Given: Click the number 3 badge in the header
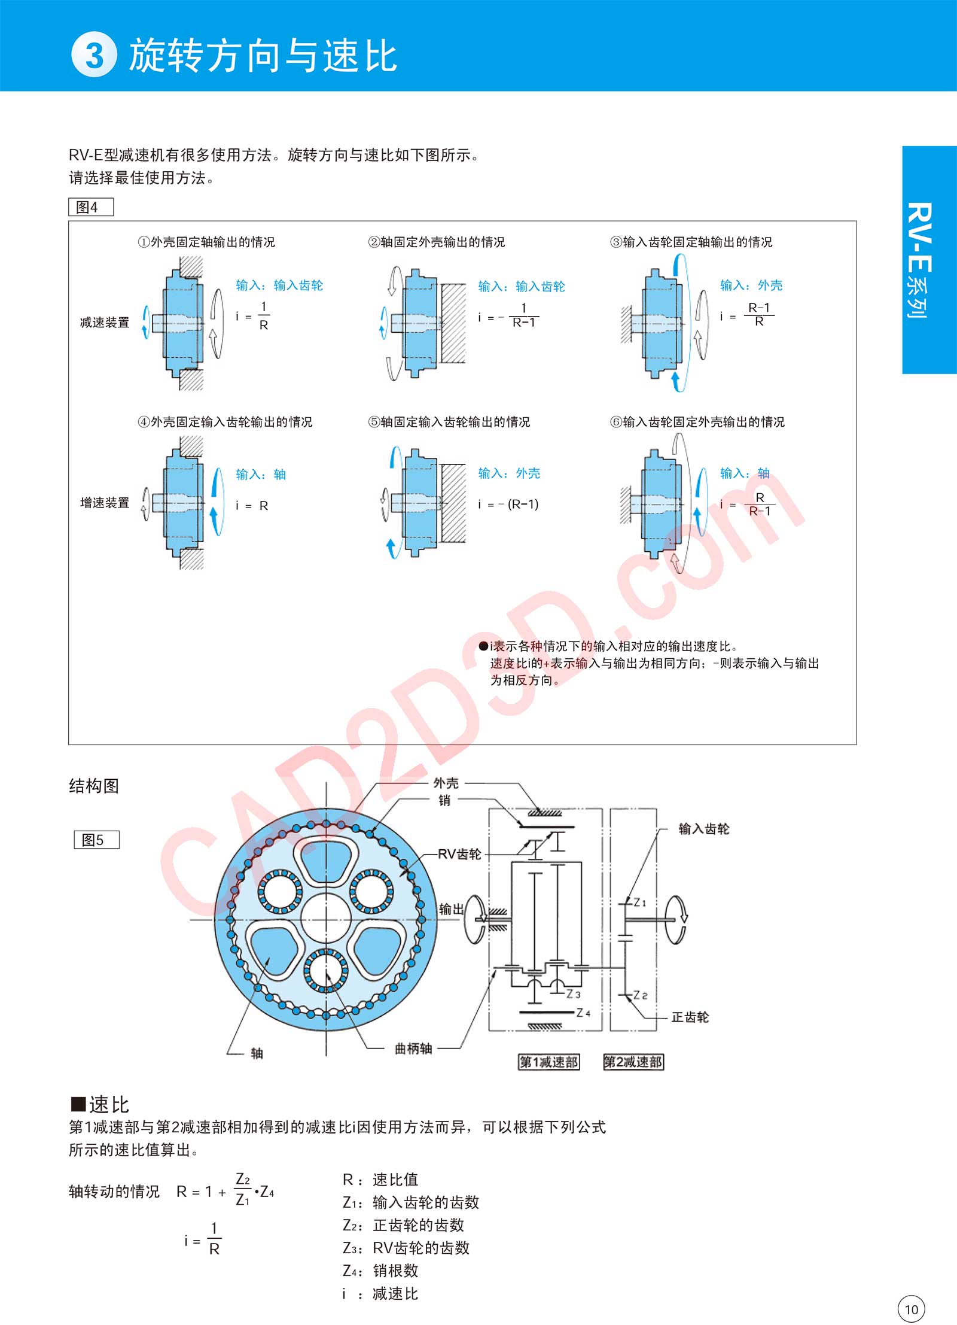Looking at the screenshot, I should click(x=94, y=55).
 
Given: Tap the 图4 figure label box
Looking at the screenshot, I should click(x=91, y=207).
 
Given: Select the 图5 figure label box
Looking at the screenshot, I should click(x=96, y=840).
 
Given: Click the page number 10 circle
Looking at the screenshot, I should click(x=911, y=1309).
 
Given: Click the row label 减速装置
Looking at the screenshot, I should click(x=105, y=323).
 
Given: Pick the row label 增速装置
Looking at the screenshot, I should click(x=105, y=503).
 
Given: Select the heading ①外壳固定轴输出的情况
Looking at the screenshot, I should click(x=206, y=242).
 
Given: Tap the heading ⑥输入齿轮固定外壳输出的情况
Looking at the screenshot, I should click(x=697, y=422).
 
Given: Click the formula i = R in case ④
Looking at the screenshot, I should click(x=252, y=506).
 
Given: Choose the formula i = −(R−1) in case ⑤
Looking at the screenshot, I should click(x=508, y=505).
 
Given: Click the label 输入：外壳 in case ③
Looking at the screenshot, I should click(x=751, y=285).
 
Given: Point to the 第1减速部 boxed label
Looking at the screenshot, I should click(x=548, y=1062).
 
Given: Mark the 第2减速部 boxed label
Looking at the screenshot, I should click(x=633, y=1062).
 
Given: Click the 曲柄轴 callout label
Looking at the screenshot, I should click(x=413, y=1049).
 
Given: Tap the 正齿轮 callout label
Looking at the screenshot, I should click(x=690, y=1017).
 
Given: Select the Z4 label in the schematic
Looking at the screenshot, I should click(x=583, y=1013).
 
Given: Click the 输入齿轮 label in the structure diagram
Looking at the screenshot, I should click(x=704, y=829).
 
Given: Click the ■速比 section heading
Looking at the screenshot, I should click(x=100, y=1104).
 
